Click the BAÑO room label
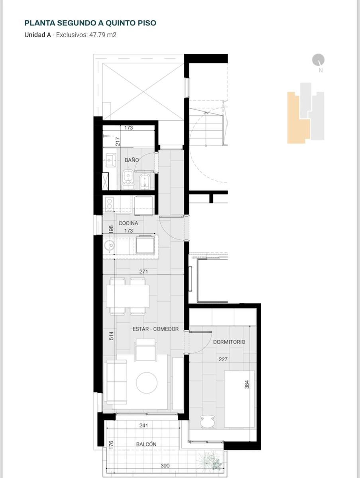tap(132, 160)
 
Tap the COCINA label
tap(128, 223)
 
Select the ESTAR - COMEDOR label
tap(155, 329)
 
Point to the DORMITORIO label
tap(229, 342)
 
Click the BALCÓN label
tap(146, 444)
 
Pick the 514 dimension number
tap(111, 336)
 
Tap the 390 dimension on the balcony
tap(165, 466)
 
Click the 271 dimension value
tap(144, 272)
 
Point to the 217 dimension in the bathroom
tap(118, 141)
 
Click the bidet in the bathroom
tap(144, 180)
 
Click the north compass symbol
tap(319, 60)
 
